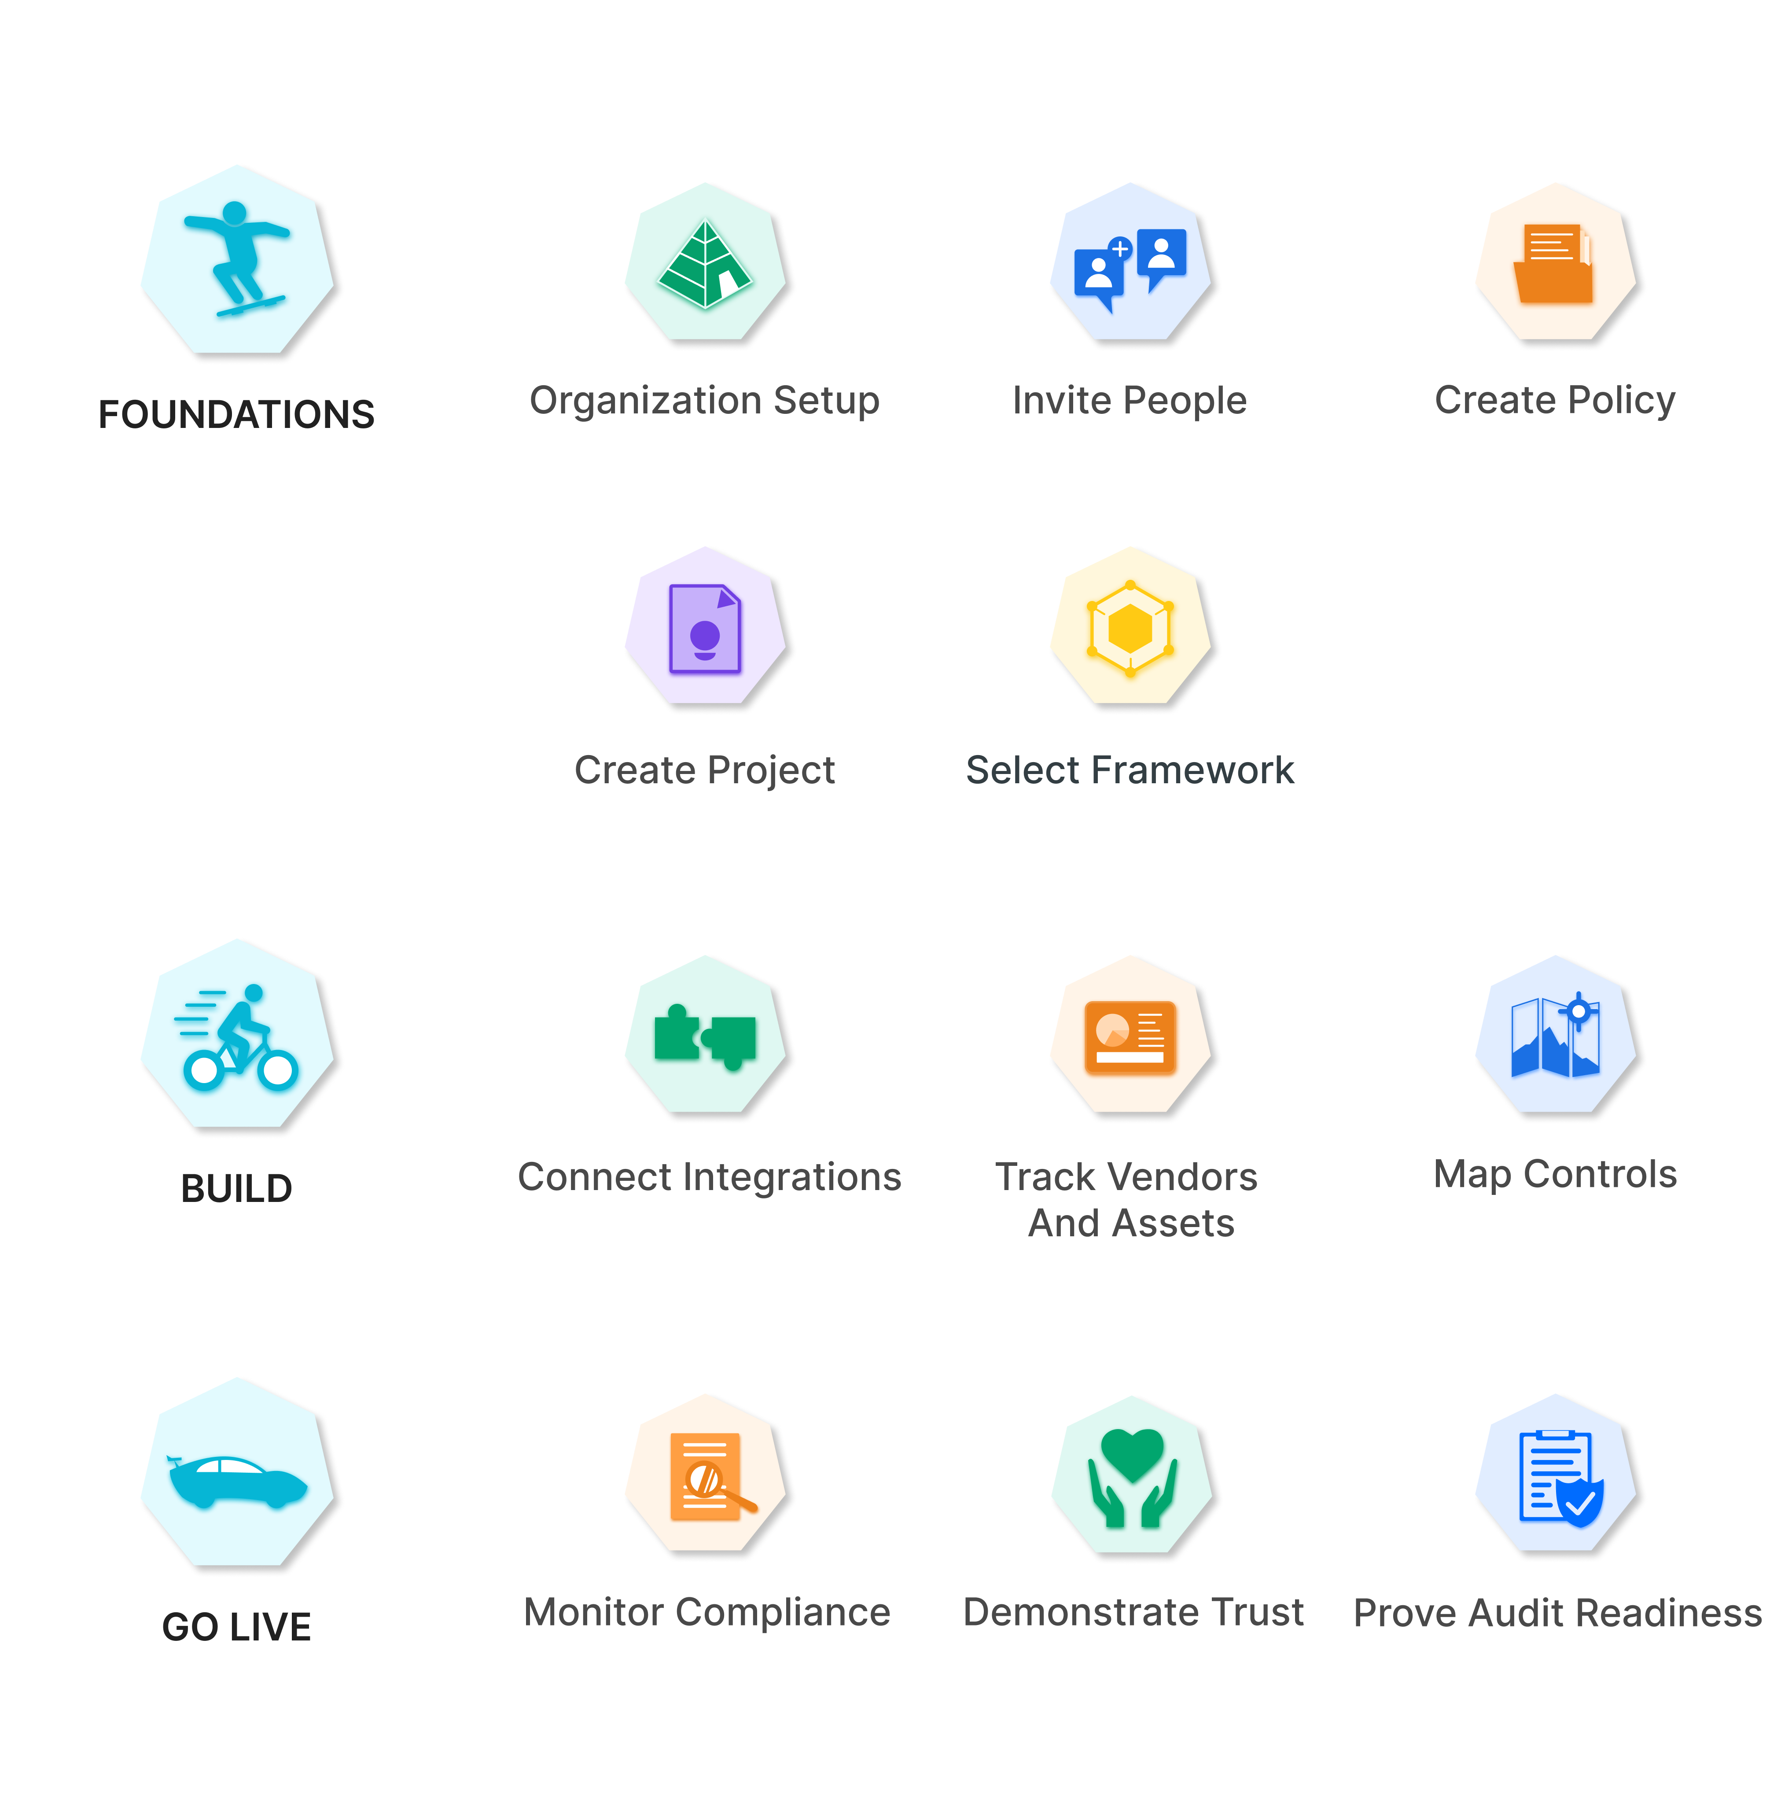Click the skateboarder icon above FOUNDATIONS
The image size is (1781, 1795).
pyautogui.click(x=237, y=258)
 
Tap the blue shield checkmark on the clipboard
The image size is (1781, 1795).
pyautogui.click(x=1579, y=1502)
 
